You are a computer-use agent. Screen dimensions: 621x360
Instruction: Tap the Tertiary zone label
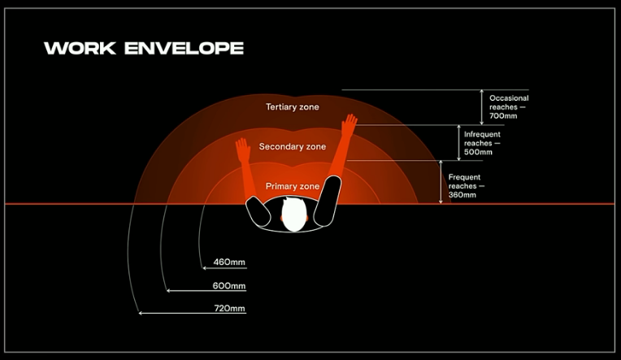[x=293, y=107]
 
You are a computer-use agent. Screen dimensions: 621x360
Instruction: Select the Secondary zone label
[x=293, y=147]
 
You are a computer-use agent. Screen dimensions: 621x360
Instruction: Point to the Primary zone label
[x=293, y=187]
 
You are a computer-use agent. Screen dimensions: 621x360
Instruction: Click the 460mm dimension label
[x=229, y=262]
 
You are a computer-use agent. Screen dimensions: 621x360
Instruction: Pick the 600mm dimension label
[x=229, y=286]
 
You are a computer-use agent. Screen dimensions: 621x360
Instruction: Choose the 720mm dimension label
[x=229, y=309]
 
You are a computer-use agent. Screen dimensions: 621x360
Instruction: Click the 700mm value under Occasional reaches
[x=503, y=116]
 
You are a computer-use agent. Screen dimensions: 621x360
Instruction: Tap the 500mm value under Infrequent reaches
[x=478, y=152]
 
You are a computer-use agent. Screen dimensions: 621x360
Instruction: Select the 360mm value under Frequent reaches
[x=462, y=195]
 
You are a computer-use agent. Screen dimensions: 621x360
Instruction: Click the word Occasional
[x=509, y=98]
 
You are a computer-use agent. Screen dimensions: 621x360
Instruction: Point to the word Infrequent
[x=482, y=134]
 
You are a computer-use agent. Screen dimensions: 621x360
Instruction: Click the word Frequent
[x=464, y=177]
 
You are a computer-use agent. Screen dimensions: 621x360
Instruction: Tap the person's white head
[x=293, y=215]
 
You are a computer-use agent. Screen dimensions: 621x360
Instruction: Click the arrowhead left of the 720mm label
[x=141, y=313]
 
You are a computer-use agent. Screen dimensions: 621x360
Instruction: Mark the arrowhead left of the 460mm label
[x=203, y=267]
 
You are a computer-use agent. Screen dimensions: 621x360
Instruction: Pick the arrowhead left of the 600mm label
[x=167, y=289]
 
